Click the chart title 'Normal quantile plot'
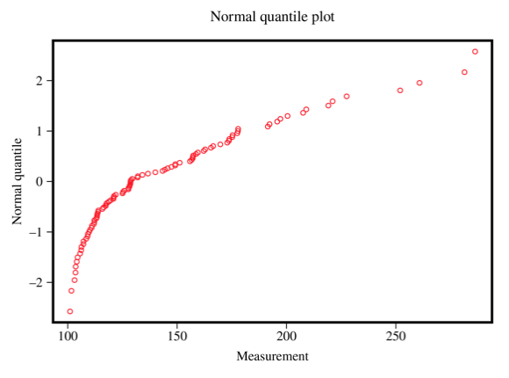(x=272, y=17)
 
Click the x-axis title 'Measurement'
(x=272, y=356)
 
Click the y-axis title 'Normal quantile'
(x=17, y=181)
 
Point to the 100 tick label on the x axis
(x=68, y=336)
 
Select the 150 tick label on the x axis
(x=177, y=336)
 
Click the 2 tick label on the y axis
(x=40, y=81)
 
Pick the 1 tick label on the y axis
(x=40, y=131)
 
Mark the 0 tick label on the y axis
(x=40, y=182)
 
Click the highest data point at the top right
(x=475, y=51)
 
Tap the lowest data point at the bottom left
(x=70, y=311)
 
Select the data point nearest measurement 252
(x=400, y=91)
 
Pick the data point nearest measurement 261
(x=419, y=83)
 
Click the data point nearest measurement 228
(x=347, y=97)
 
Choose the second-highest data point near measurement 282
(x=464, y=72)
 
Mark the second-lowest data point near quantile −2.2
(x=72, y=291)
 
